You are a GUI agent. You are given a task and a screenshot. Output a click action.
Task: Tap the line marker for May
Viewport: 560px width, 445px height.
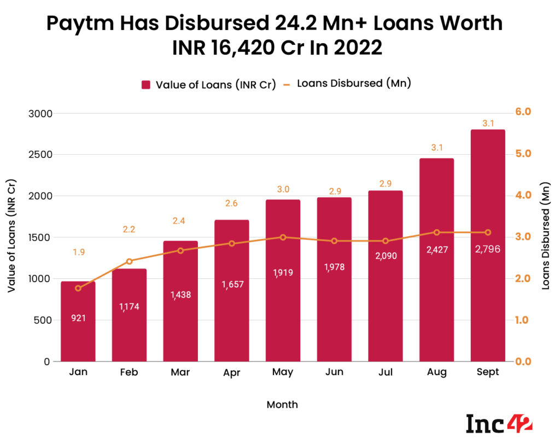point(283,237)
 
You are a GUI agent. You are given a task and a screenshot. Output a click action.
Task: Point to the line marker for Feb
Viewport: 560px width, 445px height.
point(130,261)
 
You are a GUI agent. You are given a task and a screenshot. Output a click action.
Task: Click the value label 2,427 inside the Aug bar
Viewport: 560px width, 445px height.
point(436,250)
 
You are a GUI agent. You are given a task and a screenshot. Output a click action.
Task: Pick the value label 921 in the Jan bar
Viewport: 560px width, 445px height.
point(78,318)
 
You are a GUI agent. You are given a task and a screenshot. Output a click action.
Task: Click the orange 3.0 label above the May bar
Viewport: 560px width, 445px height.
point(283,190)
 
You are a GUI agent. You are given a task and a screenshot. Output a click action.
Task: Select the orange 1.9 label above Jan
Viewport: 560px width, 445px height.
point(78,252)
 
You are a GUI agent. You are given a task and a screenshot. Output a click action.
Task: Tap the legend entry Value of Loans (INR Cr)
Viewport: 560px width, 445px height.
point(208,84)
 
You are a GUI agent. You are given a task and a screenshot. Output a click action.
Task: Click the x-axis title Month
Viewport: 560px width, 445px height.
point(282,405)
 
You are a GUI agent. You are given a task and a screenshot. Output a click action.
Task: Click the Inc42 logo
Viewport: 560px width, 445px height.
point(499,423)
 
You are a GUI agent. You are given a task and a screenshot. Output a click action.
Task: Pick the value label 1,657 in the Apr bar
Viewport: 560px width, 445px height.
point(231,284)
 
